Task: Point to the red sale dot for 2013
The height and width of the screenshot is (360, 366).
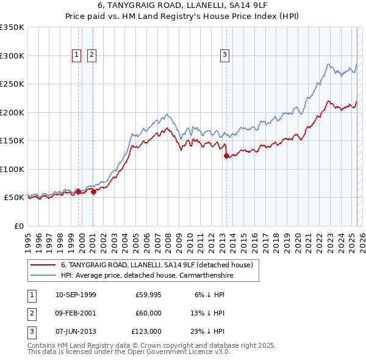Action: pyautogui.click(x=226, y=156)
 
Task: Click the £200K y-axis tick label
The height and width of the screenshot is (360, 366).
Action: pyautogui.click(x=12, y=112)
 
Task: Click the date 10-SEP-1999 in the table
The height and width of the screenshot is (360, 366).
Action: pyautogui.click(x=76, y=295)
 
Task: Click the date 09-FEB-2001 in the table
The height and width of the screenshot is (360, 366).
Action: pyautogui.click(x=76, y=313)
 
